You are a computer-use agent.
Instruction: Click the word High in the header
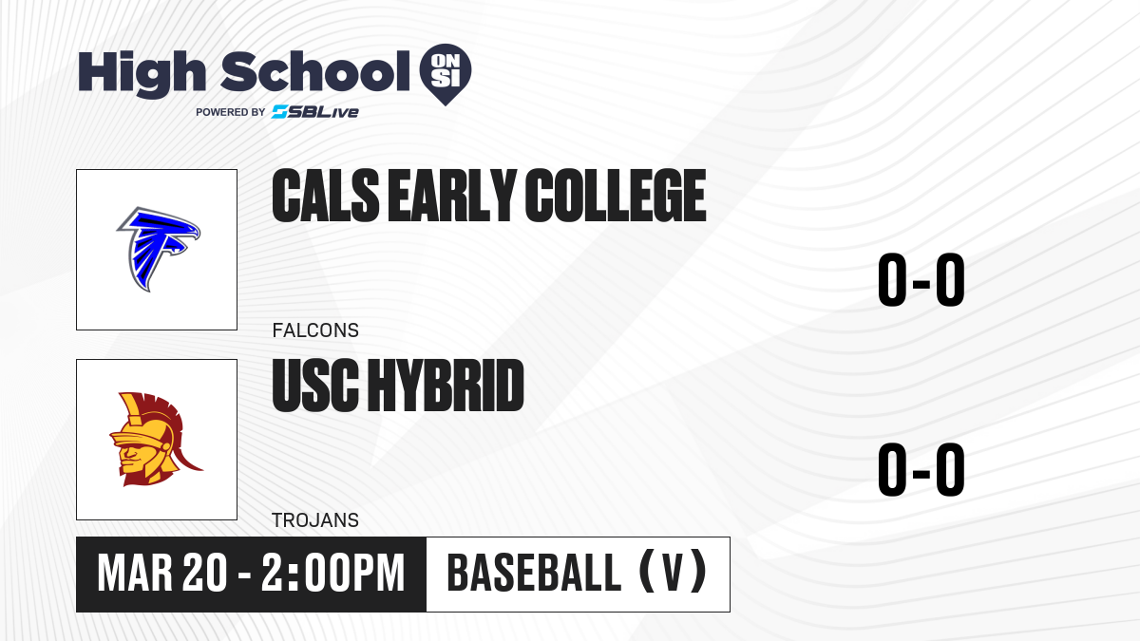[x=142, y=73]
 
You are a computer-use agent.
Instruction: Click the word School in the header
[x=315, y=71]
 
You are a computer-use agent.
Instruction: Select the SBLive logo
[x=315, y=112]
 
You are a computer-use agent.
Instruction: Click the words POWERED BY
[x=231, y=112]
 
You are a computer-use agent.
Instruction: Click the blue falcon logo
[x=159, y=249]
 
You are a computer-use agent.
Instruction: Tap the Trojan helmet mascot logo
[x=156, y=439]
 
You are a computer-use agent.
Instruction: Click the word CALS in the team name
[x=326, y=196]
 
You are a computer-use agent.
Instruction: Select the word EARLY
[x=452, y=196]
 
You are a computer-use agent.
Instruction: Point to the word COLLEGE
[x=616, y=196]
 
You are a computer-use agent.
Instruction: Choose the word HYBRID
[x=446, y=386]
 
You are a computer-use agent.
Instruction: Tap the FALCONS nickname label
[x=315, y=330]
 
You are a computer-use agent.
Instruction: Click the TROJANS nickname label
[x=315, y=520]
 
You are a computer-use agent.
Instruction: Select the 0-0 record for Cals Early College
[x=921, y=279]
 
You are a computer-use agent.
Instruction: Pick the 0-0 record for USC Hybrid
[x=921, y=469]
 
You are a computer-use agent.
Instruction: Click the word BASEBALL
[x=534, y=574]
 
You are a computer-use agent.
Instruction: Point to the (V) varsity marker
[x=673, y=573]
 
